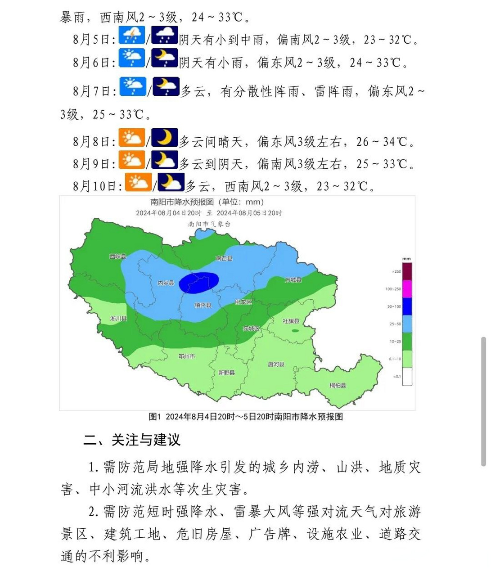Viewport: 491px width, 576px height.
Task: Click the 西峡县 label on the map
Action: [x=118, y=256]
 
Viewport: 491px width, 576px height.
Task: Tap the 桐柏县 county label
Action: [x=338, y=385]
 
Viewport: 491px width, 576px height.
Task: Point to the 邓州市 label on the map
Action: [x=186, y=356]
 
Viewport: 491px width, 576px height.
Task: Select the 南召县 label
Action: [x=224, y=258]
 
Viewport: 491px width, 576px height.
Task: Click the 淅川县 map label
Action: [x=118, y=319]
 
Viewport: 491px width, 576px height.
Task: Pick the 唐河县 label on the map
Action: [x=276, y=364]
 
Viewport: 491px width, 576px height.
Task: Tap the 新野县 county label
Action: [x=226, y=373]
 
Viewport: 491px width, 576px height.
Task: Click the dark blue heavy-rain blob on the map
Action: [x=199, y=283]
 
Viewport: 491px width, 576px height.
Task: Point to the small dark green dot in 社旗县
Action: [x=295, y=331]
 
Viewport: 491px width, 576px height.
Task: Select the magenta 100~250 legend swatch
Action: [x=407, y=289]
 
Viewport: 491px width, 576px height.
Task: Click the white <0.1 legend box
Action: [x=407, y=376]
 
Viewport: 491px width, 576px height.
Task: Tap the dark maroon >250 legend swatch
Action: [x=407, y=271]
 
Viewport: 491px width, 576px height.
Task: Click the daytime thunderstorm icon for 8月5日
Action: [x=132, y=35]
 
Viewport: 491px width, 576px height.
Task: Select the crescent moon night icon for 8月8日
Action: [x=164, y=138]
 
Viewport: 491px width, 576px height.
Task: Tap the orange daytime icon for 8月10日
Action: [x=138, y=182]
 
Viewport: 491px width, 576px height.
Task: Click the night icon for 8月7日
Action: [x=166, y=86]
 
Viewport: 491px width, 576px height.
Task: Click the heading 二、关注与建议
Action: [x=132, y=440]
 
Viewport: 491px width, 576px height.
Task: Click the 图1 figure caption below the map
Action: [x=246, y=417]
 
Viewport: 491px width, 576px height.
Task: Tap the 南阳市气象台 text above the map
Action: [x=209, y=224]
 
